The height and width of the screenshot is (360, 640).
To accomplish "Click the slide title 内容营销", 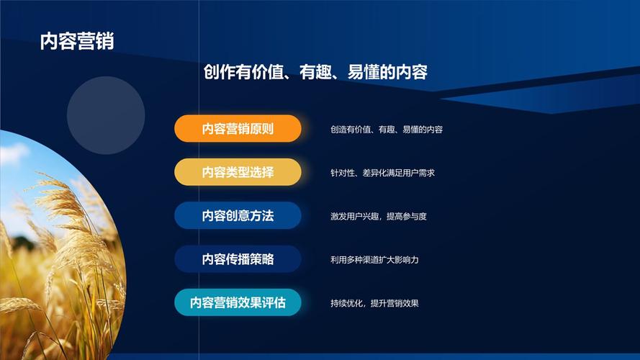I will tap(77, 40).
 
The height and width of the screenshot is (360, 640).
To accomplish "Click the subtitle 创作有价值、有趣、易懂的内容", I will tap(315, 72).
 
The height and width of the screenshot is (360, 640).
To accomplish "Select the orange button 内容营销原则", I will tap(238, 129).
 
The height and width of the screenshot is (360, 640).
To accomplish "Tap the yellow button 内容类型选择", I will tap(238, 172).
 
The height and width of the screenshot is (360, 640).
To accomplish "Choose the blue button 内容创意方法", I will tap(238, 215).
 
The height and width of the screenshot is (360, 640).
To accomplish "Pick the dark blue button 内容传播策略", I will tap(238, 259).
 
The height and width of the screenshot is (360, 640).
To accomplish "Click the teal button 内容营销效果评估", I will tap(238, 302).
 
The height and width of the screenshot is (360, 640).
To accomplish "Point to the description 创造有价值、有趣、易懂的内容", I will tap(387, 130).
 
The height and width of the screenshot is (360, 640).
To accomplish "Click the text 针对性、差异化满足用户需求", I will tap(382, 173).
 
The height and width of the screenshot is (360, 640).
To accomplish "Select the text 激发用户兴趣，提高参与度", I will tap(379, 216).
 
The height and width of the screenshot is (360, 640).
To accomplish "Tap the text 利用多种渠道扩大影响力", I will tap(374, 259).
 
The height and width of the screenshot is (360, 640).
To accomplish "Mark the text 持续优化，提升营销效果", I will tap(374, 303).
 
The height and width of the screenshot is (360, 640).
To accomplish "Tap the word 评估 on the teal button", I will tap(274, 302).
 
